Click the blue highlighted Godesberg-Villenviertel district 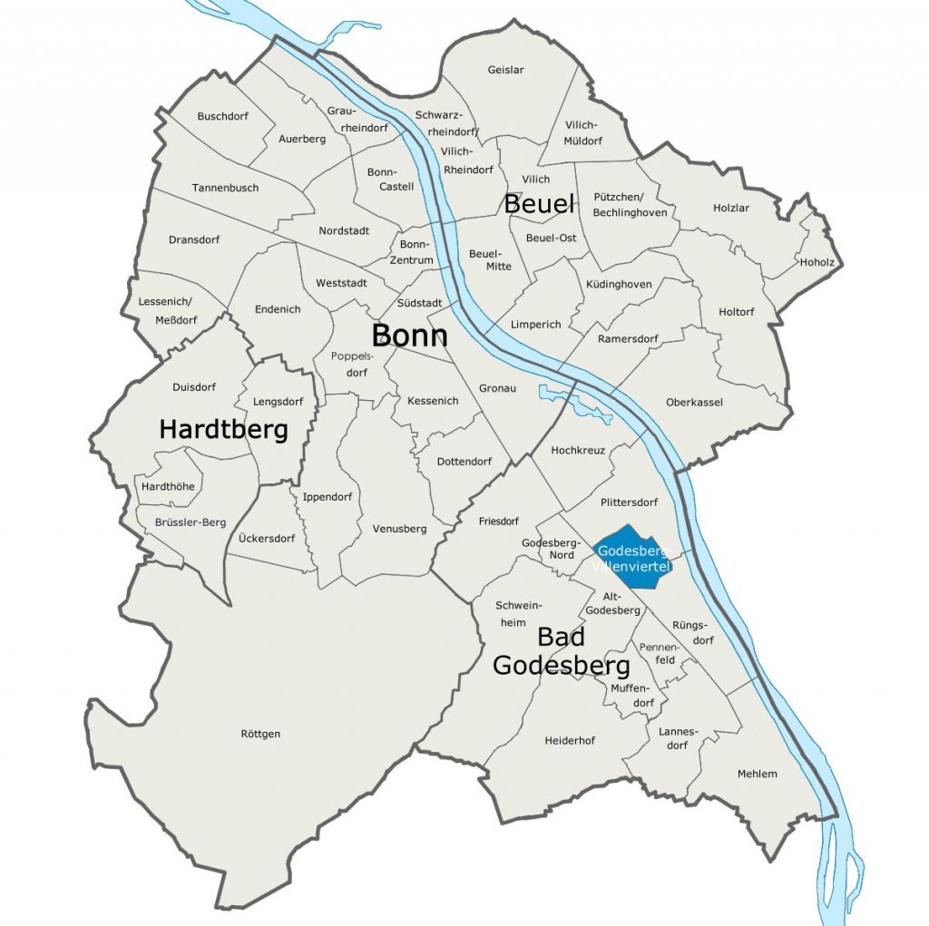(x=635, y=556)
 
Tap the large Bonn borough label (x=409, y=336)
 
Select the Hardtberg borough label (x=223, y=430)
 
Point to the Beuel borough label (x=539, y=204)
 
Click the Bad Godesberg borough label (x=560, y=652)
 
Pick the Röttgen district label (x=261, y=734)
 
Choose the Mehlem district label (x=757, y=774)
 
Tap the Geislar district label (x=505, y=70)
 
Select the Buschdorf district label (x=222, y=116)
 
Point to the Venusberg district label (x=399, y=529)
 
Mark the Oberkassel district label (x=694, y=402)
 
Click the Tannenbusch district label (x=225, y=188)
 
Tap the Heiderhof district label (x=570, y=741)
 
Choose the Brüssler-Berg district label (x=191, y=522)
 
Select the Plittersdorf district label (x=629, y=502)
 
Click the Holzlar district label (x=731, y=208)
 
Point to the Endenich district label (x=278, y=309)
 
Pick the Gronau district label (x=496, y=388)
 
